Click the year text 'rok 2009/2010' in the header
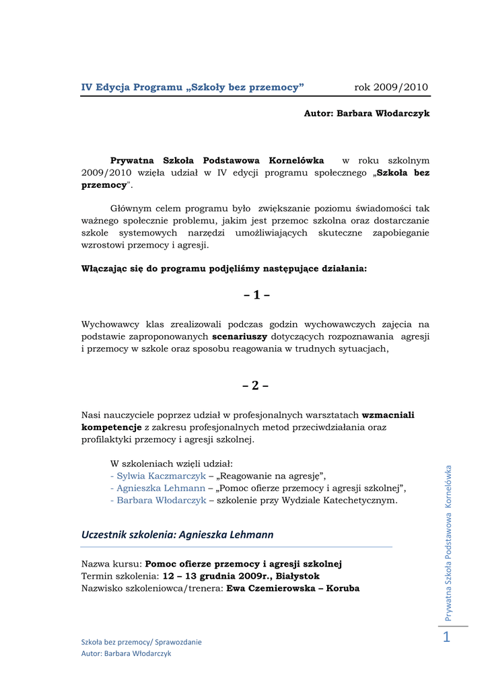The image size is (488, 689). pos(391,87)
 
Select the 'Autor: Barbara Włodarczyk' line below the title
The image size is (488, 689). pos(367,114)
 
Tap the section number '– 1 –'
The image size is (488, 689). pos(256,295)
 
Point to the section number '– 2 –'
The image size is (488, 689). pos(256,386)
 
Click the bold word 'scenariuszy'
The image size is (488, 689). pos(240,336)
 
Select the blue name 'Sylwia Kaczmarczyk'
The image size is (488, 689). pos(158,476)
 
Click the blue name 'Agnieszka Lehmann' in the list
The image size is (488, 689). pos(160,488)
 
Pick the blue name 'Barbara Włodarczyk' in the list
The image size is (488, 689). pos(161,501)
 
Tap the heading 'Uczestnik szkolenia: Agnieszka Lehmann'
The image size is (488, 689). pos(178,535)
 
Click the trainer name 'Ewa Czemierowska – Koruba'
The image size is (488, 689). pos(293,589)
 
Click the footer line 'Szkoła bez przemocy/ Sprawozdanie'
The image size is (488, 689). pos(141,642)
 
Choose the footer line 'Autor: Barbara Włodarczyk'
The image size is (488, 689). pos(127,653)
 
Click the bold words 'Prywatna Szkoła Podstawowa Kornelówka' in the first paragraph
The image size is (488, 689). pos(217,161)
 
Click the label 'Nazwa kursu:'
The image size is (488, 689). pos(112,565)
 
